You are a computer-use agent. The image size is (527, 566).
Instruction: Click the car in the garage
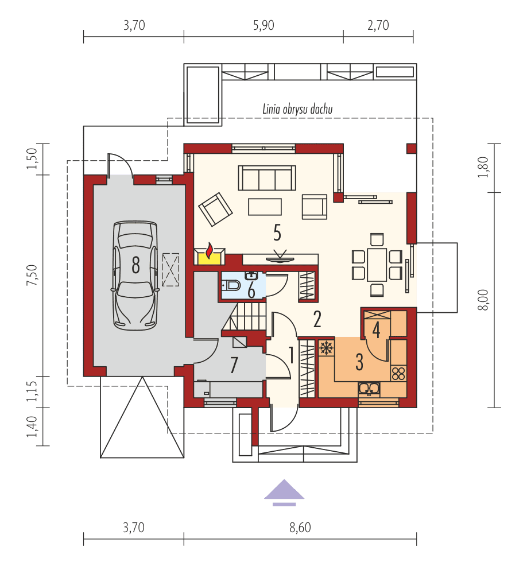(135, 274)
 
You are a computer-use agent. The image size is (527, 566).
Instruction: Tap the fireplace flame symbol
(210, 252)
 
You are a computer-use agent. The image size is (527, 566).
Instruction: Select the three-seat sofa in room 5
(267, 178)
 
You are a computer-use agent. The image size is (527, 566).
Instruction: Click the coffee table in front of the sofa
(265, 206)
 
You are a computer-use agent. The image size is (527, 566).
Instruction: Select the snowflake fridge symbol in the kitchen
(326, 347)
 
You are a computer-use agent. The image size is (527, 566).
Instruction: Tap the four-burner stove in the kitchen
(398, 373)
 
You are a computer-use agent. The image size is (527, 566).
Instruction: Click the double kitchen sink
(368, 389)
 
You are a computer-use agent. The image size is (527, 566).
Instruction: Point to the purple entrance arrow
(284, 492)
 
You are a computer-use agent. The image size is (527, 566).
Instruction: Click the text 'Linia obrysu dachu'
(298, 109)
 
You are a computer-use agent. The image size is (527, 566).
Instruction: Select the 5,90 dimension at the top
(263, 26)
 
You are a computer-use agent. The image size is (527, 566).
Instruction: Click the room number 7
(234, 365)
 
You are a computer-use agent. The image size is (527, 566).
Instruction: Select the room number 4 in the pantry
(376, 329)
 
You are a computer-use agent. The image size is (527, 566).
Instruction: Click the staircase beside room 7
(245, 317)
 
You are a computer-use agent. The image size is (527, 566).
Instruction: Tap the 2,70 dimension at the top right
(378, 26)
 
